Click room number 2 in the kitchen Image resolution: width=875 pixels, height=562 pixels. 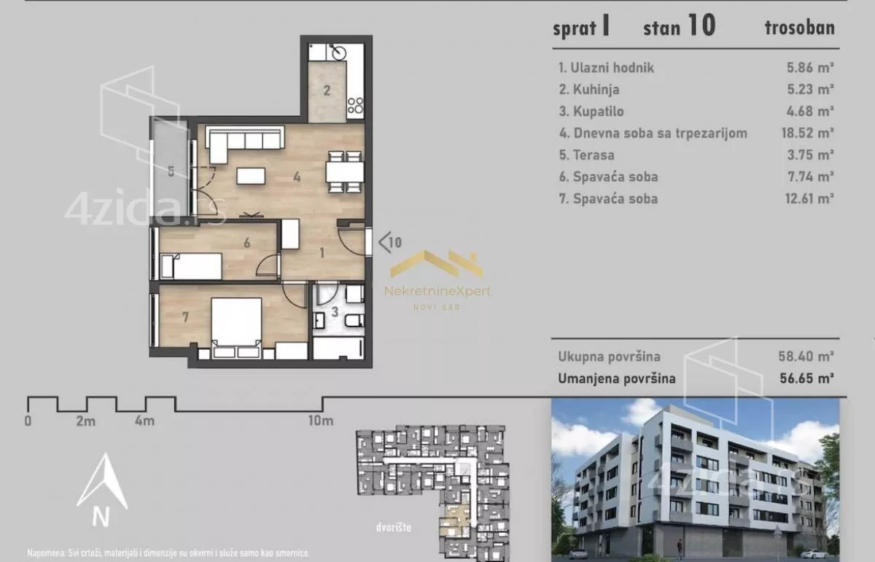tap(327, 90)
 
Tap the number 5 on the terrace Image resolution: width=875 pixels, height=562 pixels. tap(171, 171)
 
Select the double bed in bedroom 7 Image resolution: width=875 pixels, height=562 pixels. tap(236, 328)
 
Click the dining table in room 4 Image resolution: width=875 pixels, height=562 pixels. tap(345, 172)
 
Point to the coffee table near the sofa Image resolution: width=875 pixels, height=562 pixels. tap(251, 176)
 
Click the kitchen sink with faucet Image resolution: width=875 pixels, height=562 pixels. tap(337, 52)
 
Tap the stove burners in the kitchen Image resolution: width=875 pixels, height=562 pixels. tap(356, 106)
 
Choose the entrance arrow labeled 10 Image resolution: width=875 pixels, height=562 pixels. tap(390, 243)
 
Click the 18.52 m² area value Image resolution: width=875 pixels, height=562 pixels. tap(807, 133)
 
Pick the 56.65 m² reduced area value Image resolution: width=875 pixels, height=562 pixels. tap(806, 378)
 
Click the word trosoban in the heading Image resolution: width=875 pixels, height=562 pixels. tap(800, 28)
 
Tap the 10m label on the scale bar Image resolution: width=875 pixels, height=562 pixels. tap(321, 421)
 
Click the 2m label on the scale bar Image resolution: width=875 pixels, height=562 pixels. tap(86, 421)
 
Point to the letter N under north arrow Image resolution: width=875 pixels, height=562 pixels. tap(101, 517)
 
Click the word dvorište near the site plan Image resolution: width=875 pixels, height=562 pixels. tap(394, 527)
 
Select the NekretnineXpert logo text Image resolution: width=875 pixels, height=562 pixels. tap(437, 292)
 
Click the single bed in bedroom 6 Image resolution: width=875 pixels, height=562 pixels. tap(191, 266)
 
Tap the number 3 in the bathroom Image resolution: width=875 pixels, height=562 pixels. tap(335, 312)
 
